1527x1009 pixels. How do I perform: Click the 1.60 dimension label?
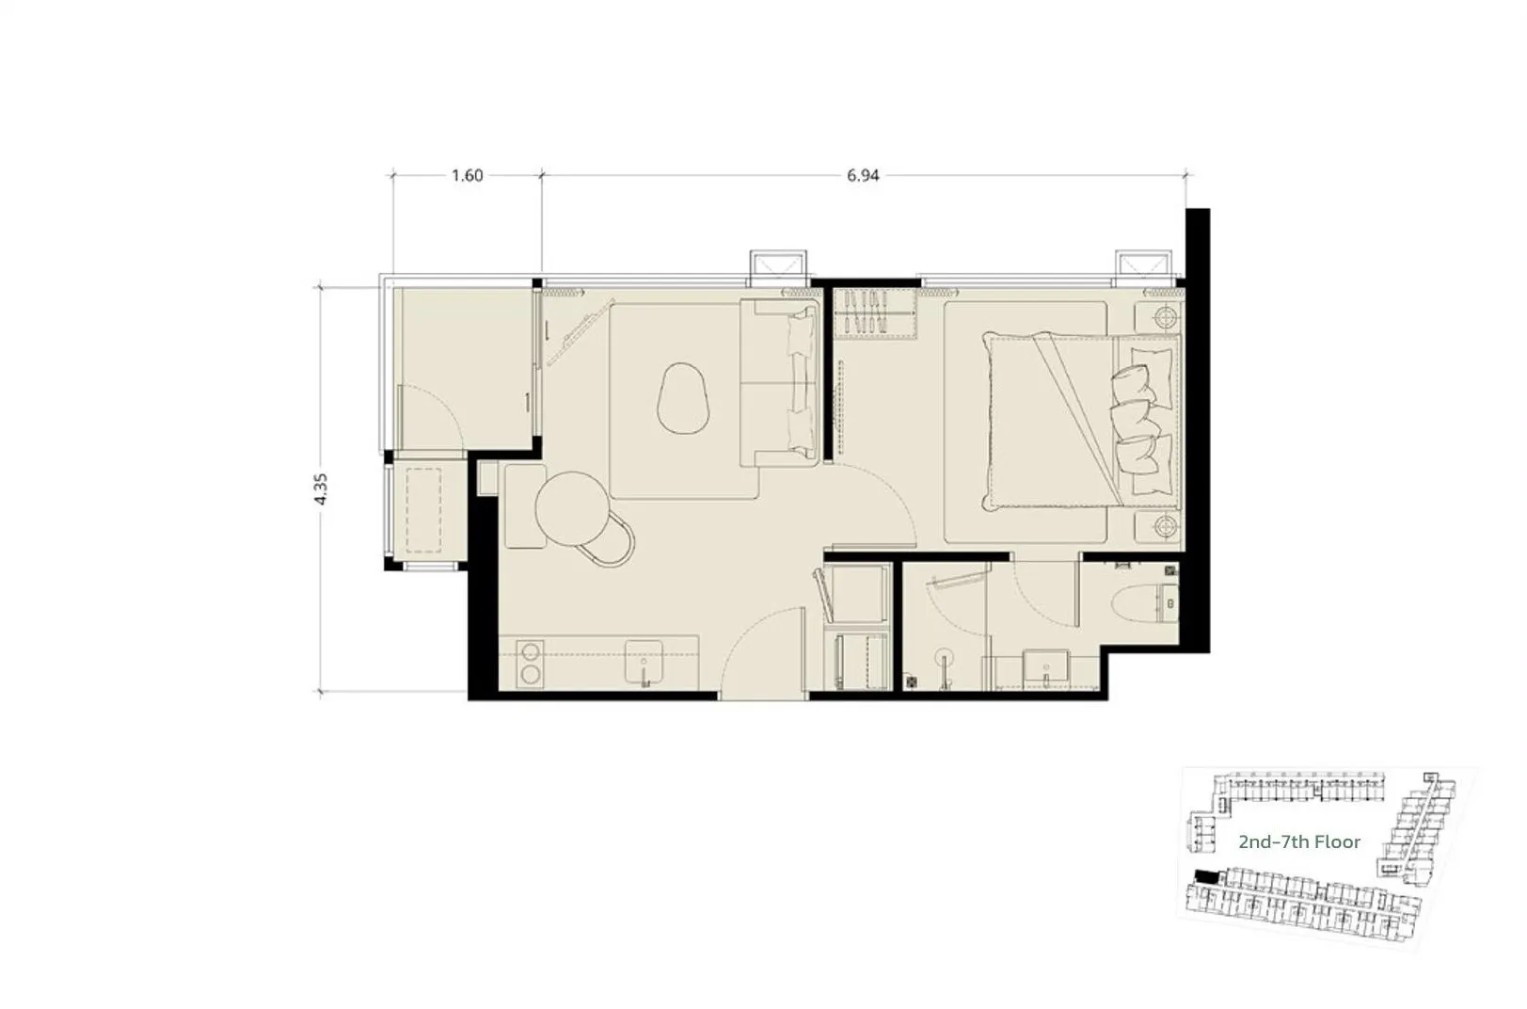point(467,176)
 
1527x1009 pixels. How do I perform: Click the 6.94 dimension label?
point(863,176)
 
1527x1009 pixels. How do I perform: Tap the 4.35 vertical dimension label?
point(321,488)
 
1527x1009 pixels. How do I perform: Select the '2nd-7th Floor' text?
point(1299,842)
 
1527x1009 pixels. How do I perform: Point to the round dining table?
point(573,508)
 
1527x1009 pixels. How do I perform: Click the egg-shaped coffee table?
point(684,399)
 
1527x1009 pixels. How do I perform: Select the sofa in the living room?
point(779,382)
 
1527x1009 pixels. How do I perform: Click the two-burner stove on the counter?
point(530,664)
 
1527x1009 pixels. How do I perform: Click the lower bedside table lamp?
point(1165,525)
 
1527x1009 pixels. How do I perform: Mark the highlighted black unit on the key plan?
point(1205,876)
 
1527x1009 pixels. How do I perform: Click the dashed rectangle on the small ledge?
point(423,510)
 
